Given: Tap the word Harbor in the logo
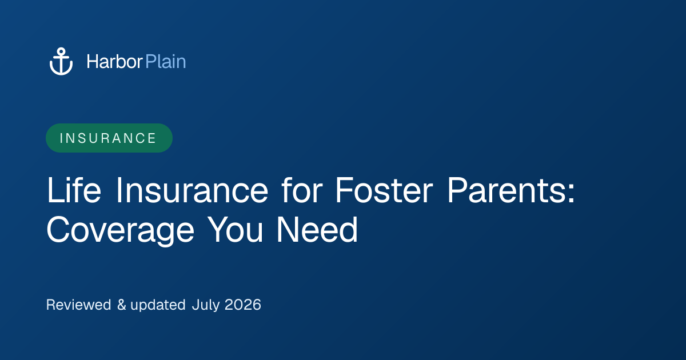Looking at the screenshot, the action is (x=114, y=62).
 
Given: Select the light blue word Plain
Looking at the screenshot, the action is (x=166, y=62).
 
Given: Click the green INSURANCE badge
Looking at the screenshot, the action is (x=109, y=138).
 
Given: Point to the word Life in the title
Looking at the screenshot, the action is (x=74, y=190).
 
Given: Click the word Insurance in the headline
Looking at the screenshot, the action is (x=192, y=190).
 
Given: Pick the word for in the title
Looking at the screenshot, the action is (x=302, y=190).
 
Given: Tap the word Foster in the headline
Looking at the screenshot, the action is (x=384, y=190).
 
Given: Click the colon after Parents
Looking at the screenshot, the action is (x=571, y=194).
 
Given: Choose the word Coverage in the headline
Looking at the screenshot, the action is (x=120, y=230).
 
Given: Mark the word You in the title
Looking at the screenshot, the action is (x=235, y=229).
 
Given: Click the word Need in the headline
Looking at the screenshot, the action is (x=317, y=229).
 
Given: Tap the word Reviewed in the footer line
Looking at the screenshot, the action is (x=79, y=305).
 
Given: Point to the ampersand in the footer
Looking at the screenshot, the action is (x=122, y=305).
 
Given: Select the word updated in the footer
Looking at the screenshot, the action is (x=158, y=305).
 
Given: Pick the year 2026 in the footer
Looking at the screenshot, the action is (x=243, y=305).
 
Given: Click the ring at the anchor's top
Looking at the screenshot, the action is (x=61, y=51).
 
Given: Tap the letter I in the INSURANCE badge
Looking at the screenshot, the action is (x=61, y=138).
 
